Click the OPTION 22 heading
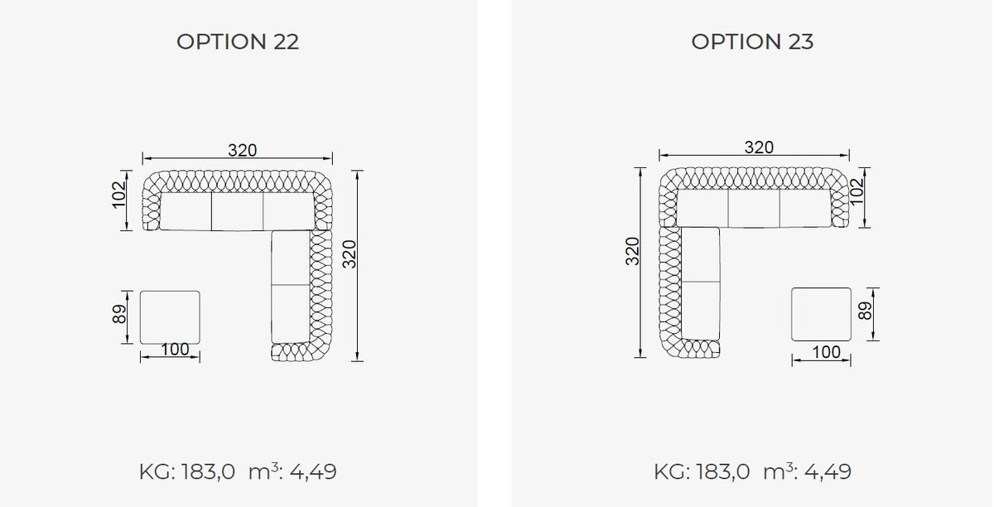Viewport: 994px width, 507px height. coord(238,41)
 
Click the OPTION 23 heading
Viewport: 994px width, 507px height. coord(752,41)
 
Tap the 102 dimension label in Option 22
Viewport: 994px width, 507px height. coord(119,194)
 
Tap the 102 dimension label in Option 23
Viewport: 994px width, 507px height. coord(856,191)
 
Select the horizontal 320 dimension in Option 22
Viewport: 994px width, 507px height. coord(242,150)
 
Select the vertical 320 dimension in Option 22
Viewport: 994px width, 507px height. coord(350,254)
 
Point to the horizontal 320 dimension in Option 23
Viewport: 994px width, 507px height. coord(759,147)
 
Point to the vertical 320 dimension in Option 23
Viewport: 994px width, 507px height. coord(632,251)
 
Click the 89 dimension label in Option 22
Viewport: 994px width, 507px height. coord(119,314)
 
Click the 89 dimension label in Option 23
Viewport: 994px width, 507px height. coord(866,311)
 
